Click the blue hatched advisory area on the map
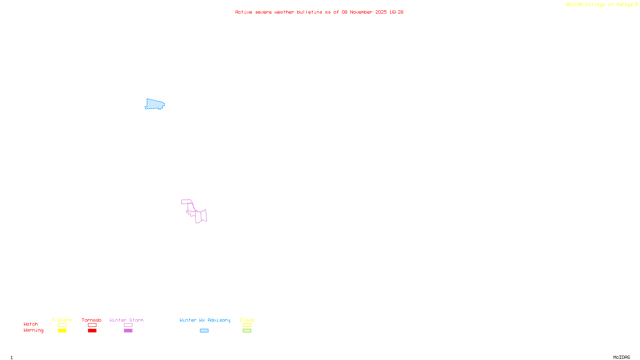[x=155, y=104]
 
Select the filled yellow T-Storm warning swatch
[x=62, y=331]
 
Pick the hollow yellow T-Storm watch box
[x=62, y=325]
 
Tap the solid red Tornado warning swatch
[x=92, y=331]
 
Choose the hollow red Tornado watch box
[x=92, y=325]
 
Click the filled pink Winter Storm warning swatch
[x=128, y=331]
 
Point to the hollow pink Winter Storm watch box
[x=128, y=325]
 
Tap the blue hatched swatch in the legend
[x=204, y=331]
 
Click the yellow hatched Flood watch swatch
[x=247, y=325]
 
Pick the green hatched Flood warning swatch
[x=247, y=331]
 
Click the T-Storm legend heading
[x=62, y=320]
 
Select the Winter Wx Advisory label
[x=205, y=320]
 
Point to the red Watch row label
[x=31, y=324]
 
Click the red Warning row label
[x=33, y=330]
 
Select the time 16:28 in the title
[x=396, y=12]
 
